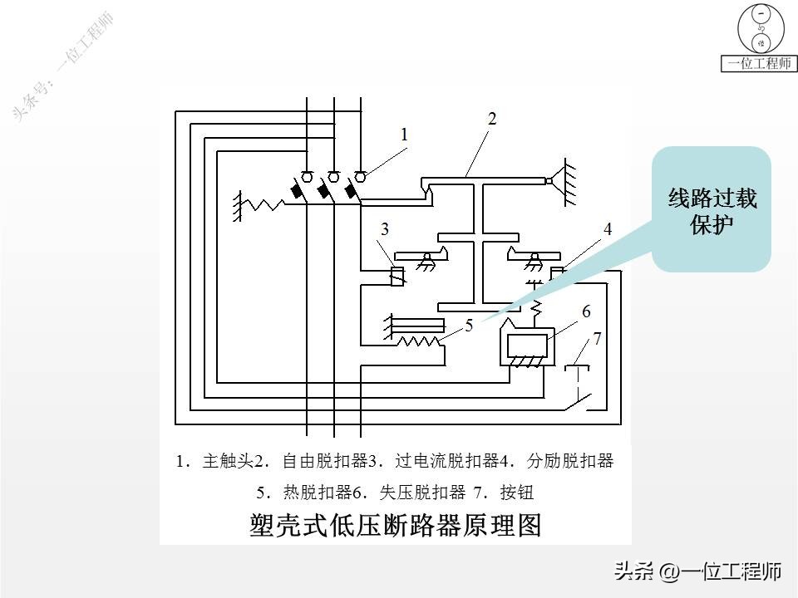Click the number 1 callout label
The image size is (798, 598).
405,134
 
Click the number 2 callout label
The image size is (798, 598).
492,119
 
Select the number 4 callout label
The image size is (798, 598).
608,229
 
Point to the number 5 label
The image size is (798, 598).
469,326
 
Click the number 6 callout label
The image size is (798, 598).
586,311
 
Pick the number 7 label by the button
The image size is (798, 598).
597,338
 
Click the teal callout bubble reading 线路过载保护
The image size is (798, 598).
712,210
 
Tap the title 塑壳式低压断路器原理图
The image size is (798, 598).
396,525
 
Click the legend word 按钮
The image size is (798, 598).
516,492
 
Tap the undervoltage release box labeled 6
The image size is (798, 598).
525,342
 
